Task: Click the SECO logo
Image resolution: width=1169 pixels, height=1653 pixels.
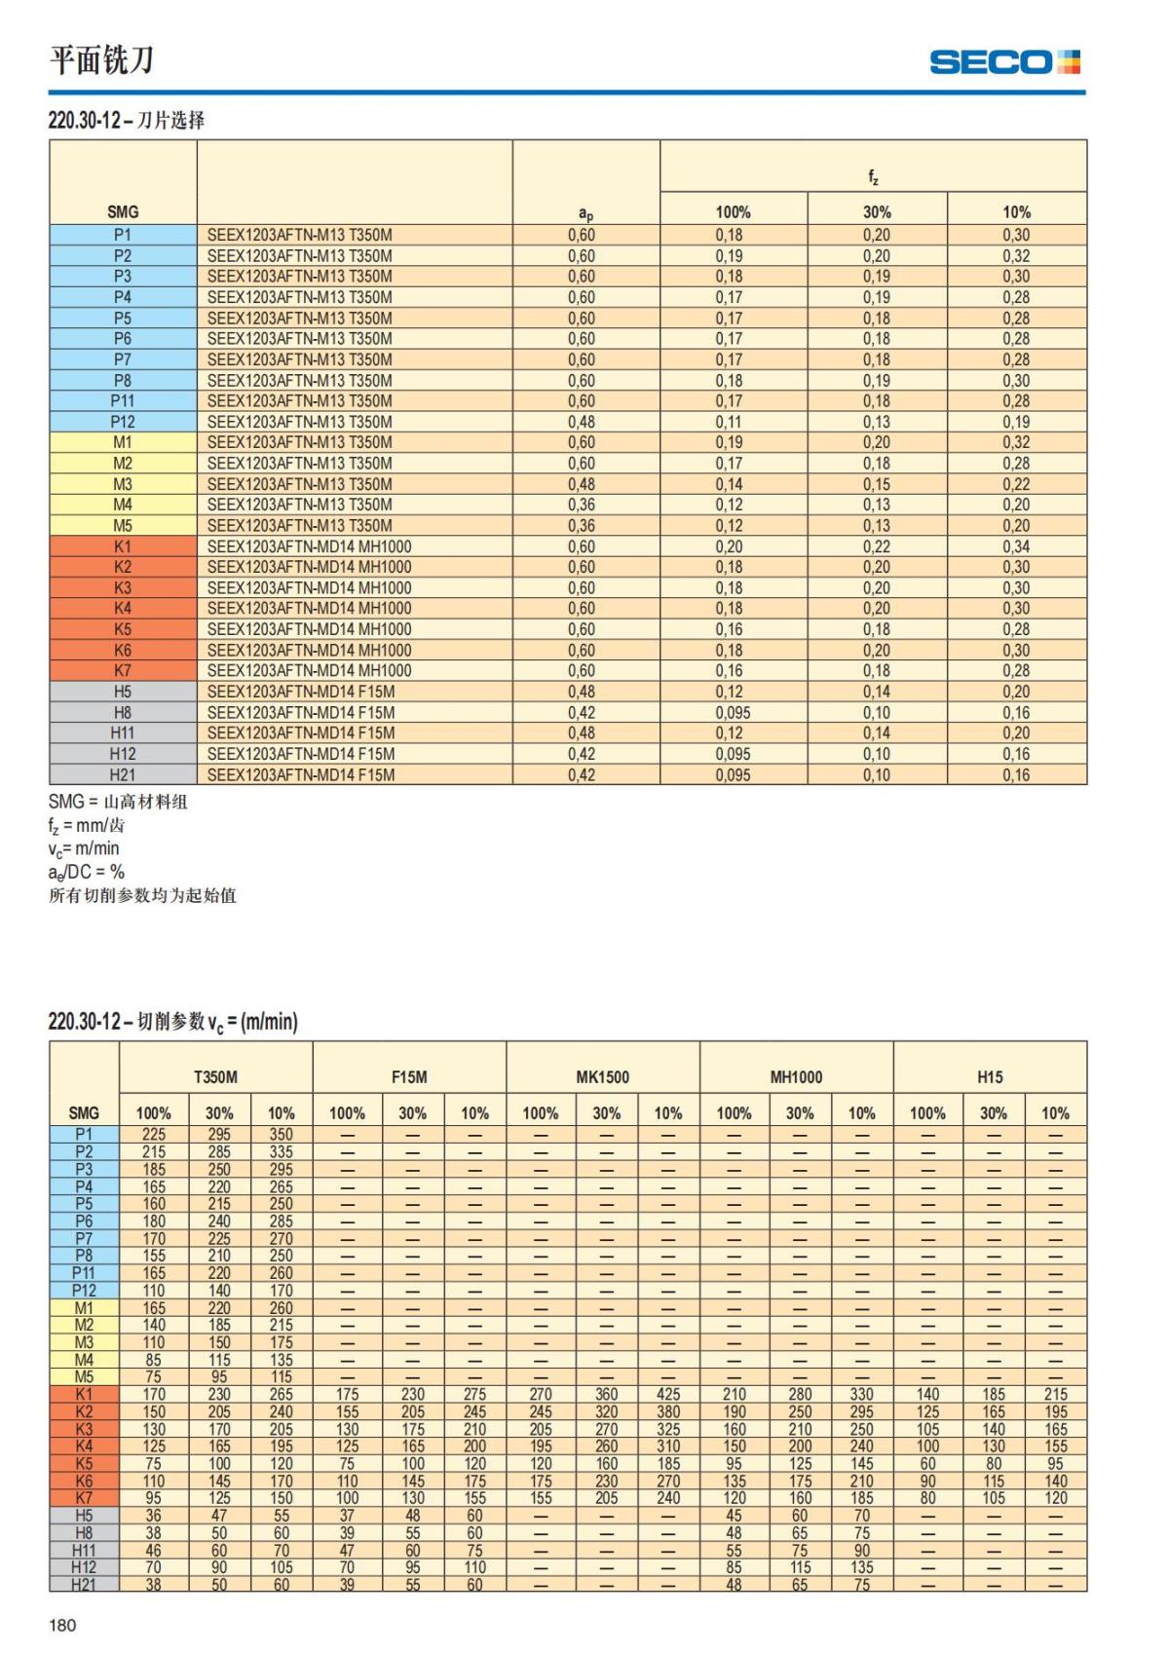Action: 1004,62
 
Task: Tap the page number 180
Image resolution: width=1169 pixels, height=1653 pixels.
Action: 62,1624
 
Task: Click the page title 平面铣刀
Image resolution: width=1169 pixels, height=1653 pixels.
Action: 101,60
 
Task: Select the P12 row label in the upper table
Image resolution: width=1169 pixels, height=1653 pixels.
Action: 123,422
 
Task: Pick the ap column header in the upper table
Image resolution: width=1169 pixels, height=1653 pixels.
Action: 585,213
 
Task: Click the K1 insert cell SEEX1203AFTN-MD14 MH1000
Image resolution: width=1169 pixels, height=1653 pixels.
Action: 309,546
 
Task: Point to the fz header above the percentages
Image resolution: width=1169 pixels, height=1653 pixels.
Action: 873,176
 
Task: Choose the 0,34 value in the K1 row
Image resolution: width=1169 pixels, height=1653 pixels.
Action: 1016,546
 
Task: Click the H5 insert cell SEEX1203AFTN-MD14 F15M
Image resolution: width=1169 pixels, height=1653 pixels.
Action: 301,692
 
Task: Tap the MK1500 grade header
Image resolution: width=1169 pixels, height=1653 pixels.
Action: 603,1076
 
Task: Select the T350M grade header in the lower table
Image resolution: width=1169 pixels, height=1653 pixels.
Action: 215,1076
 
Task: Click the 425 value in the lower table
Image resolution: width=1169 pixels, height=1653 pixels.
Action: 668,1394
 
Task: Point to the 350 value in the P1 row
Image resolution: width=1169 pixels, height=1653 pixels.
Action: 282,1134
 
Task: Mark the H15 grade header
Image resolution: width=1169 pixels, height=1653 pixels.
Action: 990,1076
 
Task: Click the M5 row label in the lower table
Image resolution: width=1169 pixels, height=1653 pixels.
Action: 85,1376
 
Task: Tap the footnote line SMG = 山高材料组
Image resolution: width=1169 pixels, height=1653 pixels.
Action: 118,802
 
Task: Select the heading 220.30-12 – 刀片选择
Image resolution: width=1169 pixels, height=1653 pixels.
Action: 127,121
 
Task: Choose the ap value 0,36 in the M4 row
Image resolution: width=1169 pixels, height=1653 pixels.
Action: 582,505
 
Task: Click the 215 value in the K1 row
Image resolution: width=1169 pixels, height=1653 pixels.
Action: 1055,1394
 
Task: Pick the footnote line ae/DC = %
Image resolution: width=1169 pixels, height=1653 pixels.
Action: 87,872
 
